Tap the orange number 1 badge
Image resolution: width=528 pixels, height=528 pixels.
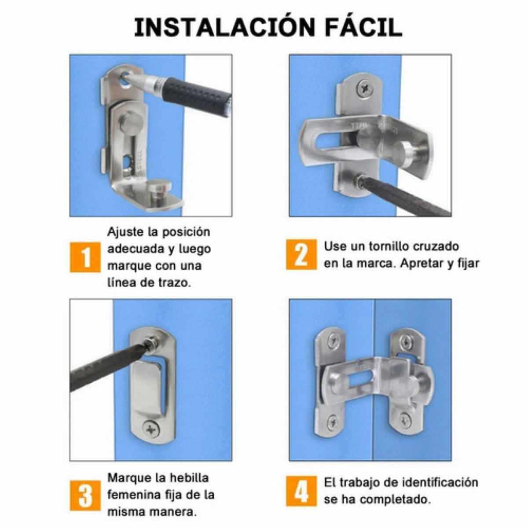pyautogui.click(x=85, y=257)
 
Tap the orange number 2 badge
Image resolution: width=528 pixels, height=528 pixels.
pyautogui.click(x=301, y=254)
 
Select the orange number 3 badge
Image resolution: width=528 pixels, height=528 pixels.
pyautogui.click(x=85, y=495)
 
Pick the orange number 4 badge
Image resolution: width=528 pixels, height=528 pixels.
pyautogui.click(x=301, y=491)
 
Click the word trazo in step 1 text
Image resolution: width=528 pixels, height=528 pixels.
pyautogui.click(x=174, y=283)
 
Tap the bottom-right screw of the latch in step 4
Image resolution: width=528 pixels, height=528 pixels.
pyautogui.click(x=405, y=418)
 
